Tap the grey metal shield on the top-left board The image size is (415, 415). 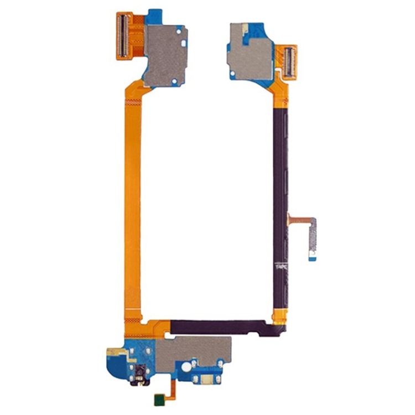pos(165,54)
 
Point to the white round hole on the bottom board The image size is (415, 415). pos(187,366)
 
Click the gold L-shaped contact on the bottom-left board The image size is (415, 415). pos(112,352)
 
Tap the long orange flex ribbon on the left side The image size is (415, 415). pos(132,210)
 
